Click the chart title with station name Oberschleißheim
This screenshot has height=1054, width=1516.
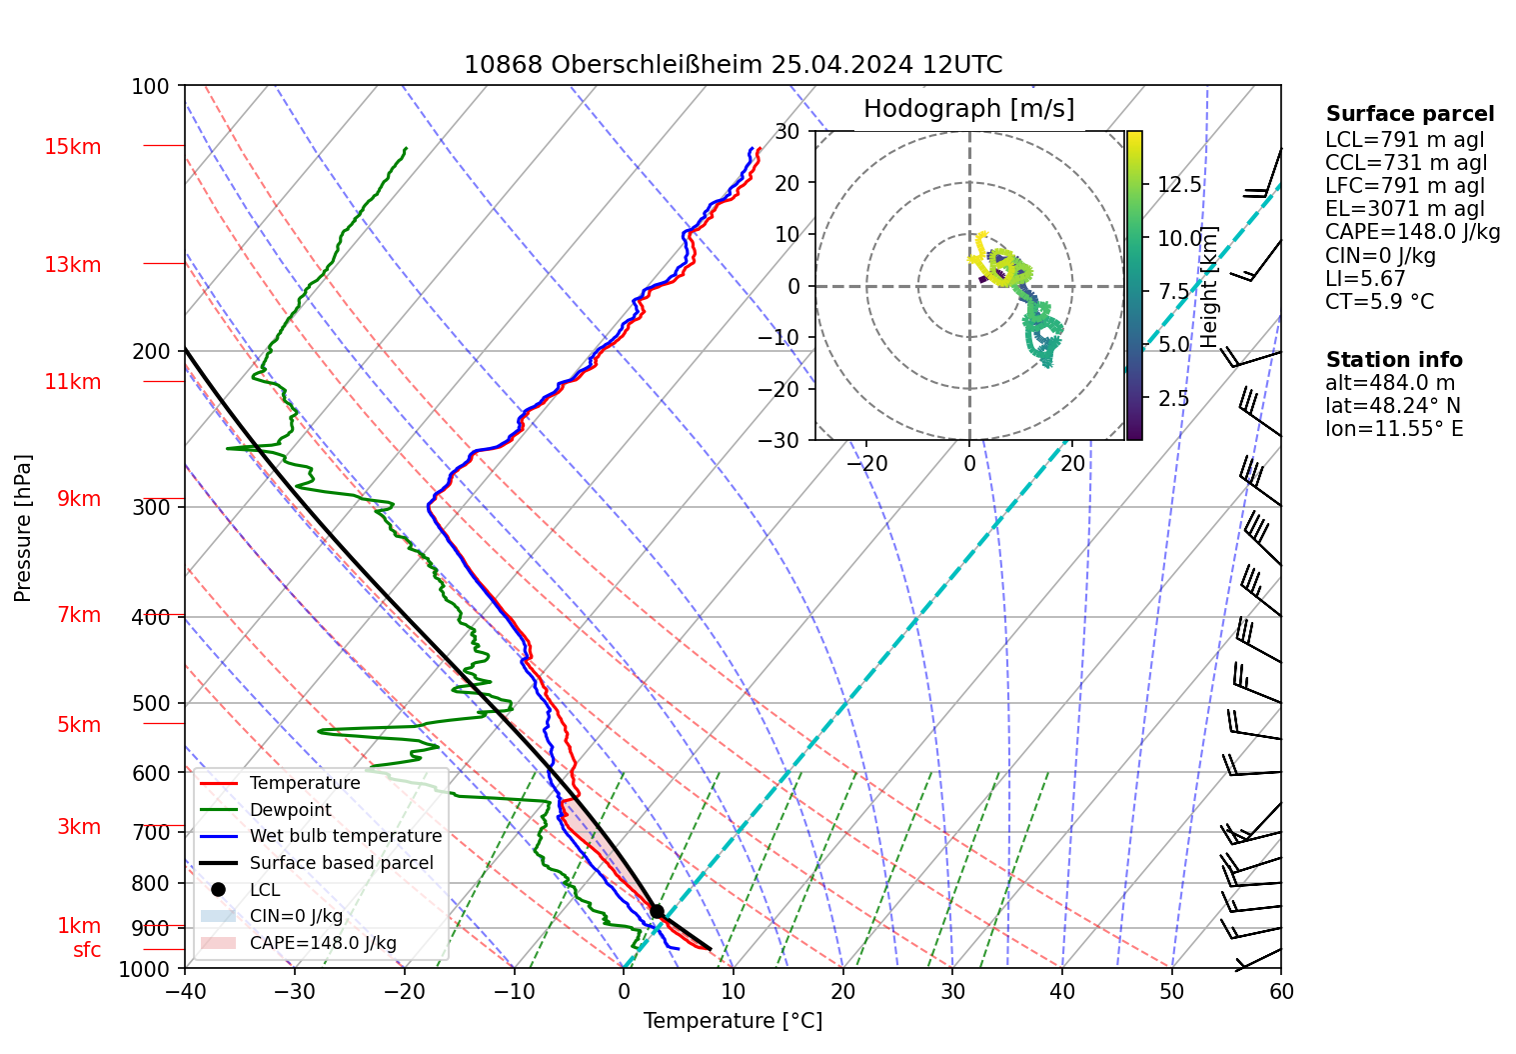[x=733, y=65]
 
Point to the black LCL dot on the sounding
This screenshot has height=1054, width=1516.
[x=657, y=911]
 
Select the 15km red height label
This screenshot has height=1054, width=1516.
[x=72, y=147]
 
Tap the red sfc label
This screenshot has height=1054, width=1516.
[x=87, y=950]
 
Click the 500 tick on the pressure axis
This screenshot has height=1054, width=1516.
[x=151, y=703]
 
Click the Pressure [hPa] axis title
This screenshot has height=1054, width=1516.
[x=23, y=528]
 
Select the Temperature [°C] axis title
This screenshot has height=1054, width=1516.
[x=733, y=1021]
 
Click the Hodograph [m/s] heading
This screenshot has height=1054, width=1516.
[x=968, y=109]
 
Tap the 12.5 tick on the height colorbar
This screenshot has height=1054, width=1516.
[x=1179, y=184]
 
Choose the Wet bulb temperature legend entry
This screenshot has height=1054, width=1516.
[x=345, y=836]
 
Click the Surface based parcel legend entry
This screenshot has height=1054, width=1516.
[x=341, y=863]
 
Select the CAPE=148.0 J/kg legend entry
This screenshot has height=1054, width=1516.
[x=323, y=943]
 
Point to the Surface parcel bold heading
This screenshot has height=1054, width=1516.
[x=1409, y=114]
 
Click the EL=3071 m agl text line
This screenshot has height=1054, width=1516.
[x=1404, y=209]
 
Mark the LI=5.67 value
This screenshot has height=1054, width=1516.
[x=1365, y=279]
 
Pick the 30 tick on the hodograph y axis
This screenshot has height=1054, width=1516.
[x=787, y=131]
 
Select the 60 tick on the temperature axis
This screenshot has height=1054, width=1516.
[x=1280, y=991]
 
